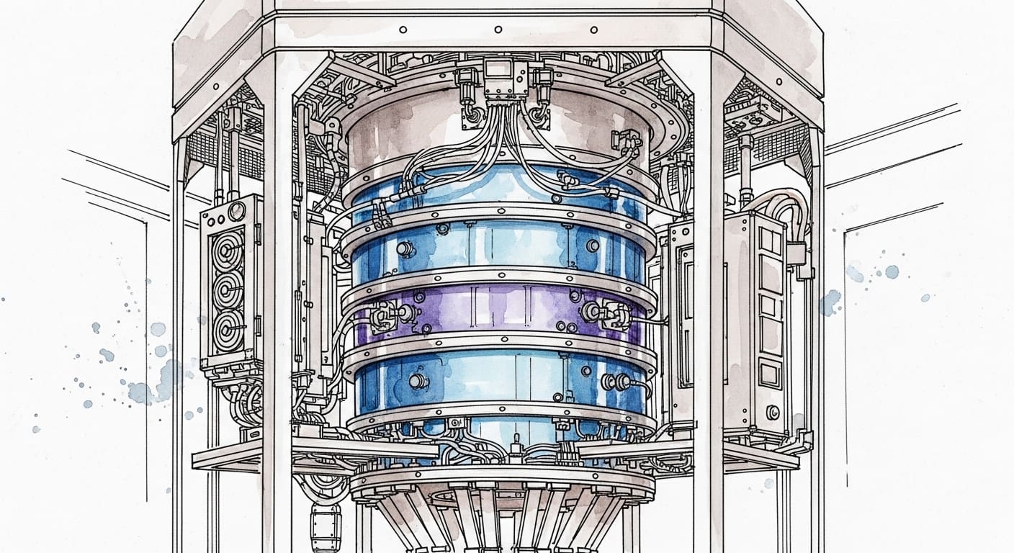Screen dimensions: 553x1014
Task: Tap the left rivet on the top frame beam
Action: pyautogui.click(x=403, y=30)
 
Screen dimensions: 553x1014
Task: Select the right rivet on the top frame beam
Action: pyautogui.click(x=594, y=30)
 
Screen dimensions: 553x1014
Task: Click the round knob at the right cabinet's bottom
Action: pyautogui.click(x=773, y=412)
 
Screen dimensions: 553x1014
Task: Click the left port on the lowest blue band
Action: pyautogui.click(x=416, y=380)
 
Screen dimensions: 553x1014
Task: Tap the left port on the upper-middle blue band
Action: pyautogui.click(x=404, y=248)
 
